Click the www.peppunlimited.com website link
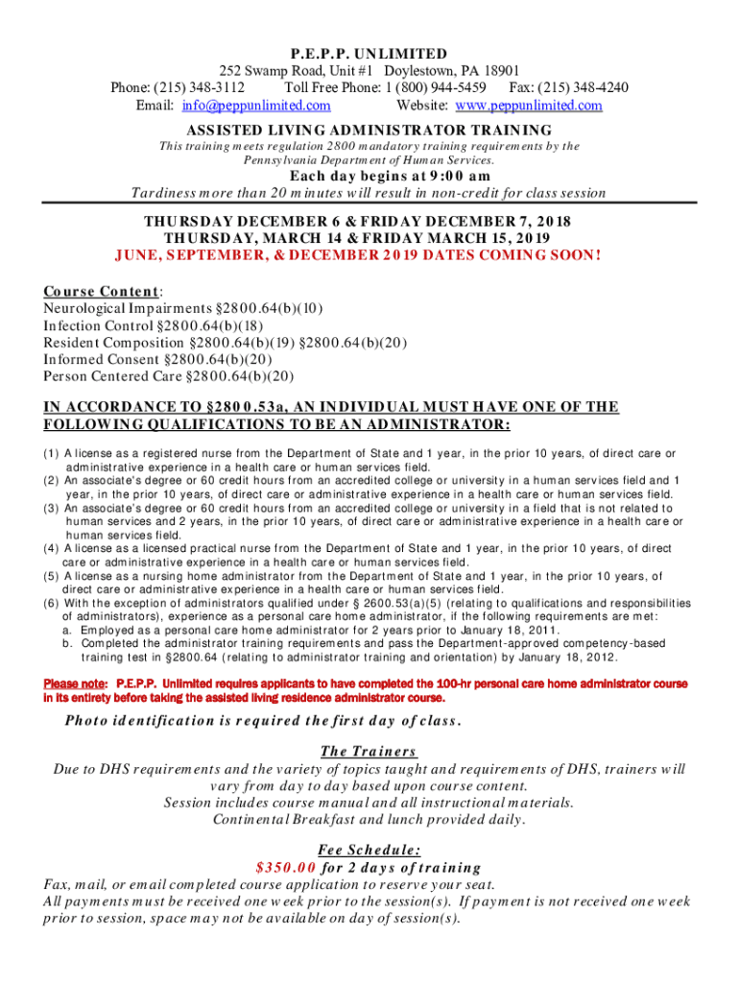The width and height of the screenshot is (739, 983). coord(529,106)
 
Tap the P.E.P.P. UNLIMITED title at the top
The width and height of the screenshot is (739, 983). coord(369,54)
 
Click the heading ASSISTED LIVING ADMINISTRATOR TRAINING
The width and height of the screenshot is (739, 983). coord(369,130)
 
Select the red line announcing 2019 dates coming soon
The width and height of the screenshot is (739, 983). coord(357,255)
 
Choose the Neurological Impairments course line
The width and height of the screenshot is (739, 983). coord(183,308)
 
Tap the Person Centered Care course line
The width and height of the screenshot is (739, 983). coord(183,377)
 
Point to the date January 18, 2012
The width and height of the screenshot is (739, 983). coord(566,658)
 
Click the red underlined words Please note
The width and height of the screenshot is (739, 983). coord(78,683)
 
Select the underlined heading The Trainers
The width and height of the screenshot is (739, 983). coord(369,751)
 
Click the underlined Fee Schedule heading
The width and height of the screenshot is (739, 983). coord(369,849)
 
